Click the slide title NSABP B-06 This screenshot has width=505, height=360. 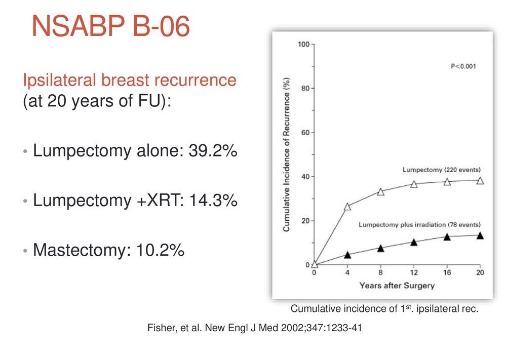point(111,26)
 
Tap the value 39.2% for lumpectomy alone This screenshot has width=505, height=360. point(213,150)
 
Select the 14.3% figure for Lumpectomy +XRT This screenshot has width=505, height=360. point(213,200)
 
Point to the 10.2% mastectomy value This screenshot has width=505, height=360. point(161,250)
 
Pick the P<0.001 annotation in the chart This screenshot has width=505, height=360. point(463,66)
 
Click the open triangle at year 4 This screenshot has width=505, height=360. point(347,207)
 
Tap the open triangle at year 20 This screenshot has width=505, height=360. point(480,180)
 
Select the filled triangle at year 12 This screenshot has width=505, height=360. point(414,242)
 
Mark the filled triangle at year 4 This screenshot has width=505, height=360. point(347,255)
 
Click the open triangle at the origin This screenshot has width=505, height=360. point(315,264)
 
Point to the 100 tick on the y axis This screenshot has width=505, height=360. point(304,44)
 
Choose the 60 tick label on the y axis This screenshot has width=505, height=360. point(305,132)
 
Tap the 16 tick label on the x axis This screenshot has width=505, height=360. point(447,272)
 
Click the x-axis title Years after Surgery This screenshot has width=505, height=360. point(397,286)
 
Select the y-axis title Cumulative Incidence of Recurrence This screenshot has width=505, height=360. point(286,154)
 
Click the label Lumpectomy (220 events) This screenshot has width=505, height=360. point(441,170)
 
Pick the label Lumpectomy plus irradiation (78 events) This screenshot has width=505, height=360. point(420,224)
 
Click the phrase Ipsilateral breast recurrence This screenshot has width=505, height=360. point(130,80)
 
